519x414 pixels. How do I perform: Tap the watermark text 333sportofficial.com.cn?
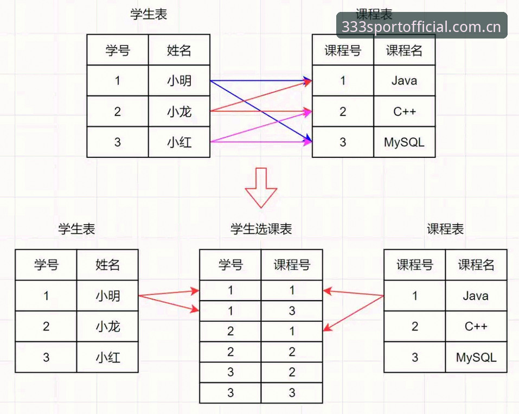click(x=421, y=27)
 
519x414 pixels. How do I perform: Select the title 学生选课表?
click(x=261, y=229)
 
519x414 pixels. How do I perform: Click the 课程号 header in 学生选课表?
click(x=292, y=265)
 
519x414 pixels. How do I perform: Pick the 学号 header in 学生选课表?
click(x=230, y=265)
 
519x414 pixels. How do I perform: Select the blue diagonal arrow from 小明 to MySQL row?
click(x=261, y=111)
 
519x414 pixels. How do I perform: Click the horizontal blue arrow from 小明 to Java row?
click(x=261, y=80)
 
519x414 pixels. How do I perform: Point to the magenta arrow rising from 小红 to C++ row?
click(x=261, y=126)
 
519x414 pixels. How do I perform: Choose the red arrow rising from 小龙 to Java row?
click(x=261, y=95)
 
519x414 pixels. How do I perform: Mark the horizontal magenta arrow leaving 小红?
click(x=261, y=142)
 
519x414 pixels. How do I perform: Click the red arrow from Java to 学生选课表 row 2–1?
click(x=353, y=313)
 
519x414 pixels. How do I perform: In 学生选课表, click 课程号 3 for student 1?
click(x=292, y=311)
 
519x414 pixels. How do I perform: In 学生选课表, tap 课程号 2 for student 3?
click(x=292, y=372)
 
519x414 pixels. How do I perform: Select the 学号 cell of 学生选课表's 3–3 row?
click(x=230, y=393)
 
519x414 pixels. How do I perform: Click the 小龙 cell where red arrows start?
click(x=179, y=111)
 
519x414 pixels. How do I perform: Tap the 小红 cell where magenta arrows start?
click(x=179, y=142)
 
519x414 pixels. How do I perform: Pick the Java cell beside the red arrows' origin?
click(x=476, y=295)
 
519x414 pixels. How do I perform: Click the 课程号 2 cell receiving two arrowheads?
click(x=343, y=111)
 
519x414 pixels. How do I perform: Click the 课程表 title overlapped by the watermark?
click(x=374, y=14)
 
